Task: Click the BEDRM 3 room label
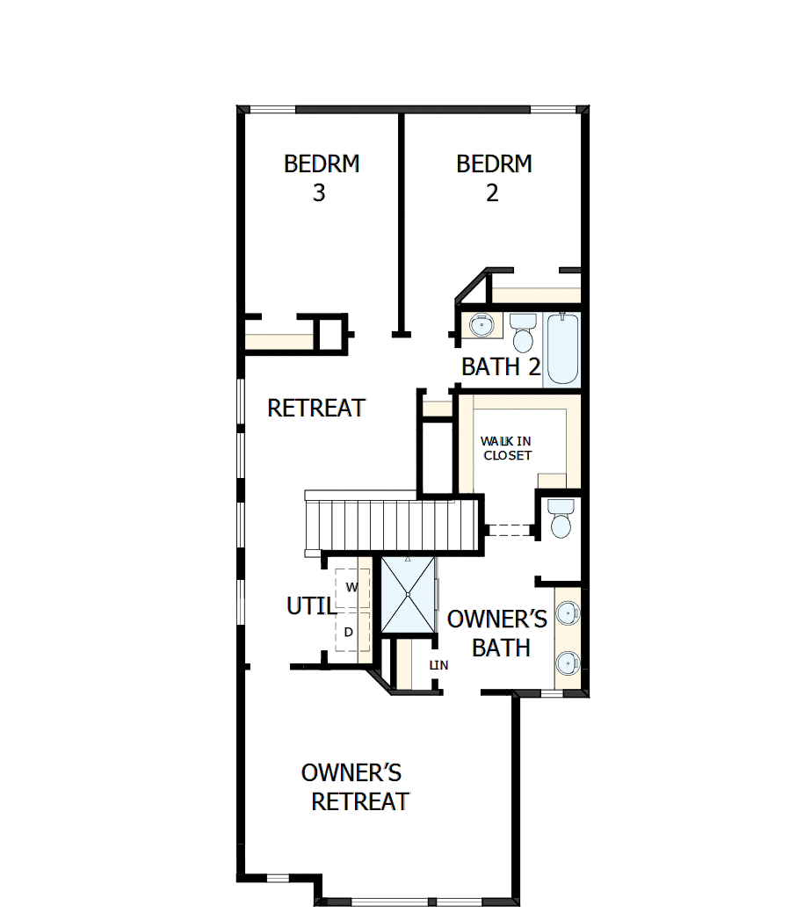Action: [322, 177]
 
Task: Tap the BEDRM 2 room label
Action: [494, 177]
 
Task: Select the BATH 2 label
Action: [501, 366]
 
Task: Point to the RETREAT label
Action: [316, 408]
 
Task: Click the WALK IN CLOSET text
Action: [506, 448]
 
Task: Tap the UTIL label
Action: [310, 606]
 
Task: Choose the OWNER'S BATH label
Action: [497, 633]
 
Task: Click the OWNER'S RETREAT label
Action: [355, 786]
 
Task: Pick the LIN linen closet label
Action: [438, 665]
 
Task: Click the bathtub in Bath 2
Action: [562, 349]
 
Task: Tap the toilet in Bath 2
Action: [524, 331]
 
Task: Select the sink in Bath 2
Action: [481, 325]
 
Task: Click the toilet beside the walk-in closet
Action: [559, 518]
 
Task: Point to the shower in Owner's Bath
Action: [409, 594]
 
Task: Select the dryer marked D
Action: [350, 632]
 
